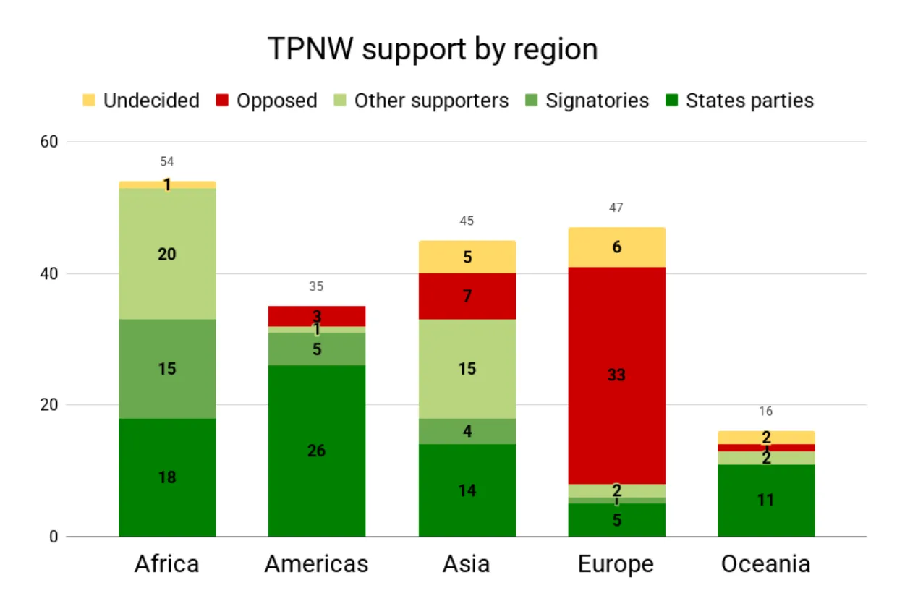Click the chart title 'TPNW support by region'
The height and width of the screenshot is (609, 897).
(433, 50)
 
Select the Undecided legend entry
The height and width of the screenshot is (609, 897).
(141, 101)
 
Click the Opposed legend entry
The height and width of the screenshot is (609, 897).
(267, 101)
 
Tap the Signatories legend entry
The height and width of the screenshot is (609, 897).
(587, 101)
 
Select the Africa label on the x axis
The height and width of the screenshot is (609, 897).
(166, 564)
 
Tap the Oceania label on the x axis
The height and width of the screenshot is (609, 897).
(765, 564)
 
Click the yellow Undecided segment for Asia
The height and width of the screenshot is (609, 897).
(467, 257)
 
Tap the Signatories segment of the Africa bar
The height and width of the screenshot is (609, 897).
(167, 369)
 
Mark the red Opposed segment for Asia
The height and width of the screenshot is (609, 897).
(467, 296)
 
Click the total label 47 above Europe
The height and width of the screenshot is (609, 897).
(616, 208)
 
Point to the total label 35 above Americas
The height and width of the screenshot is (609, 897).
(316, 286)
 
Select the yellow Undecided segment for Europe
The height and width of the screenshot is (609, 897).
(616, 247)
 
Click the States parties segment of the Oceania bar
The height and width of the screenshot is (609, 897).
(765, 500)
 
